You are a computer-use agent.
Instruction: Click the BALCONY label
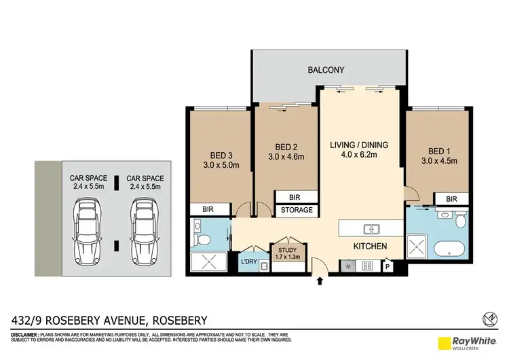point(326,70)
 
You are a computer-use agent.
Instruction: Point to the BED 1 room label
point(438,151)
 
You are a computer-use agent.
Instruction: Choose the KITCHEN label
point(369,246)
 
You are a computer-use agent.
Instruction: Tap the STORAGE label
point(297,210)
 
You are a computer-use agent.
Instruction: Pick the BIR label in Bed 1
point(451,198)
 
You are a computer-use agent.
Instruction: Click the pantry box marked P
point(388,266)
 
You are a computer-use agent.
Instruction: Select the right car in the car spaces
point(143,232)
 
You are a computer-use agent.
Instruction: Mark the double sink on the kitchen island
point(371,228)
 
